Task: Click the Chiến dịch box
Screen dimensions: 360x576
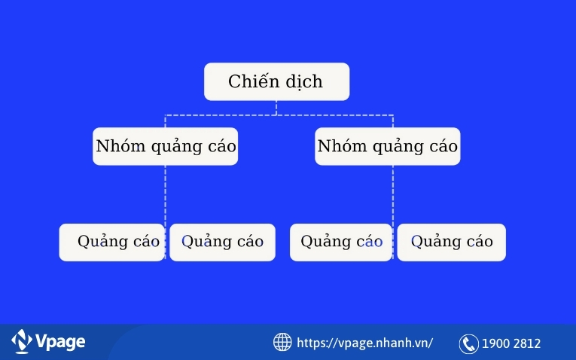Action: click(276, 81)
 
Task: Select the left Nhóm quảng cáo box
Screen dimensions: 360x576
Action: click(165, 146)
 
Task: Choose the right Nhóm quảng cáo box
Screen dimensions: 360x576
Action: click(387, 146)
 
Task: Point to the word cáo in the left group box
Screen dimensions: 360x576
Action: click(218, 146)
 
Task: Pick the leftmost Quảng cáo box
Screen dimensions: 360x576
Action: click(111, 242)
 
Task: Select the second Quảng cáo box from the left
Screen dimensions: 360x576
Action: click(222, 242)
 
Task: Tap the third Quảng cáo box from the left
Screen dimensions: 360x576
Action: click(341, 242)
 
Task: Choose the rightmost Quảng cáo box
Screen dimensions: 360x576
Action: click(451, 242)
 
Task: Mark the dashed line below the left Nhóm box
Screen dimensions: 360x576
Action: click(166, 194)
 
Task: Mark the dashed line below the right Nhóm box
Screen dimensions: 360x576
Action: click(392, 194)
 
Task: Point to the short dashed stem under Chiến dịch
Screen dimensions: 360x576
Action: click(276, 108)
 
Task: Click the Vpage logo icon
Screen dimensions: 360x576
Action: click(21, 342)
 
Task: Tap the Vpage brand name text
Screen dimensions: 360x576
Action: click(60, 342)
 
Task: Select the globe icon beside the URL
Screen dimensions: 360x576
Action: click(282, 342)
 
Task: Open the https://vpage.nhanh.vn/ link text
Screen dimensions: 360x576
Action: click(365, 343)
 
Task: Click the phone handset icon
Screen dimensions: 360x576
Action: click(469, 343)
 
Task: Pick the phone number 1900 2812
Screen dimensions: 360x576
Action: click(512, 343)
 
